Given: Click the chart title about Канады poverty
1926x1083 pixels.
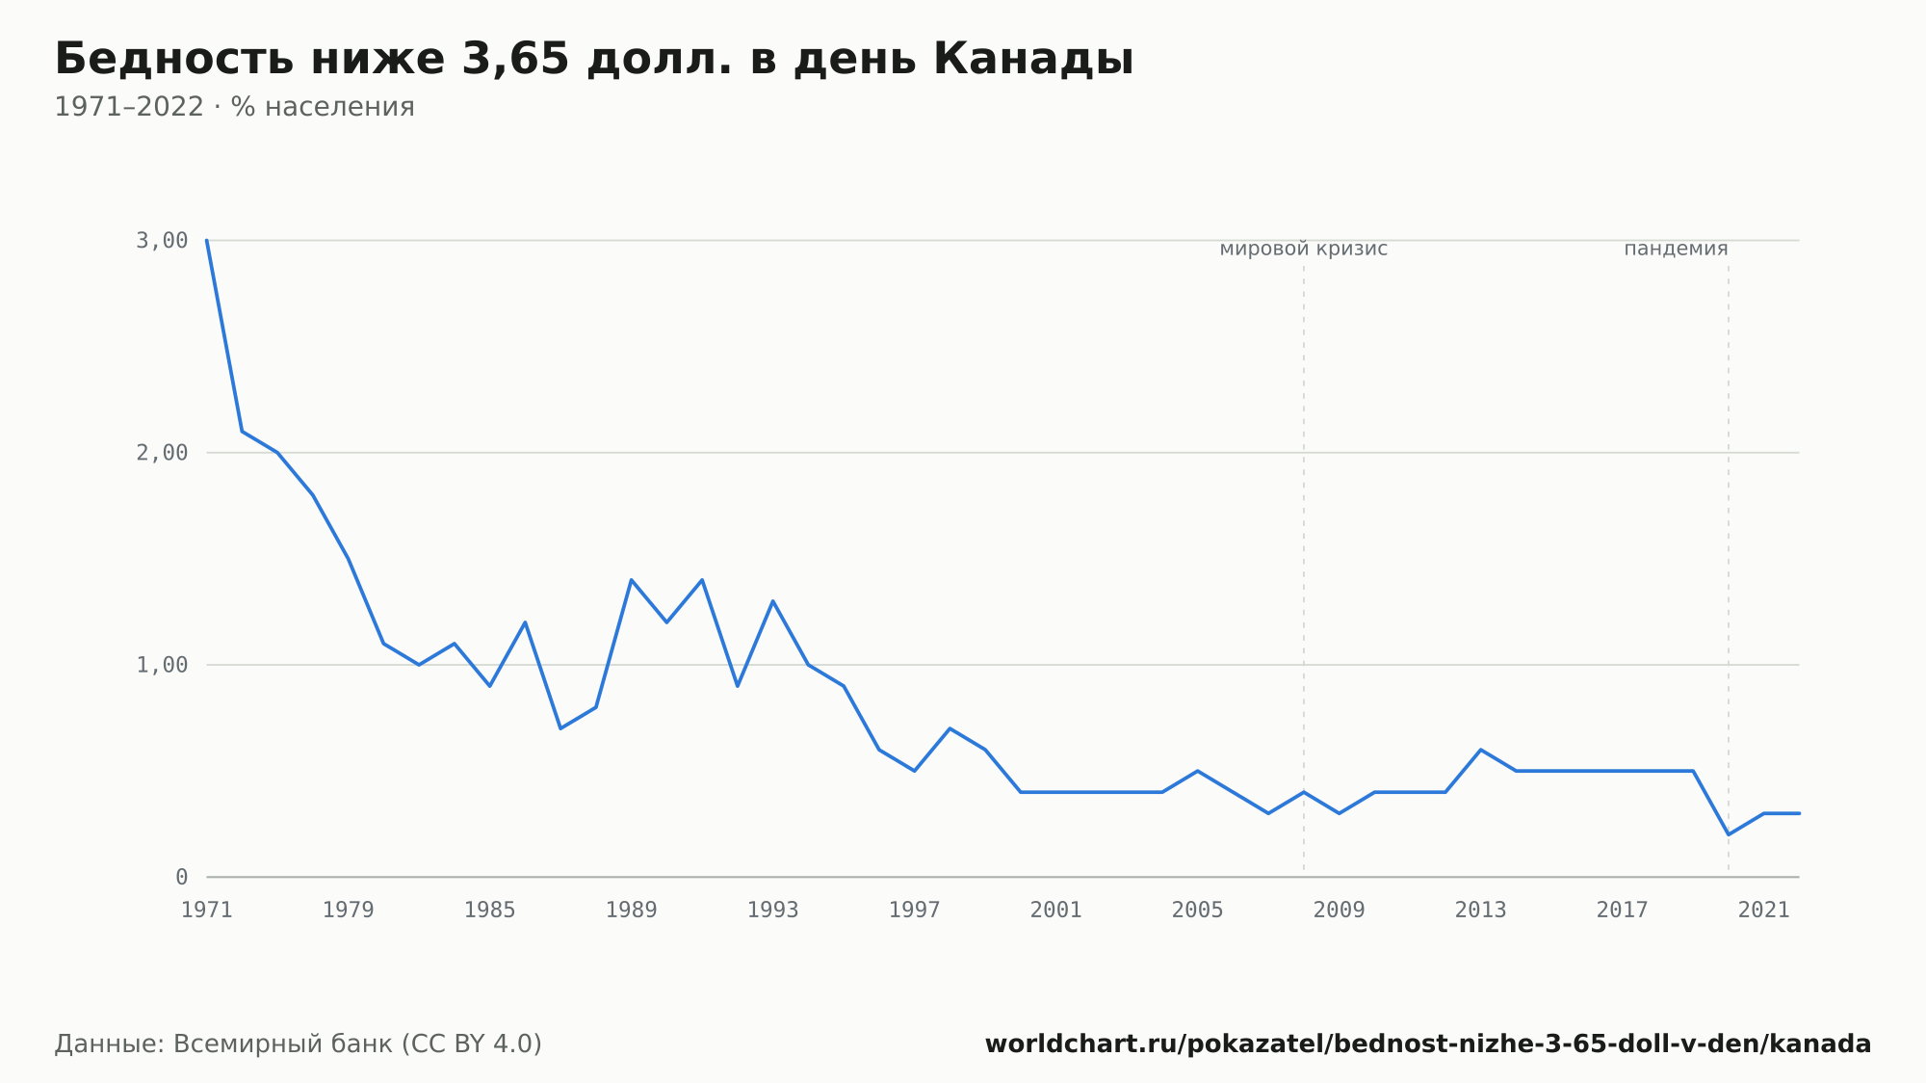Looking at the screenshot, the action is [x=594, y=60].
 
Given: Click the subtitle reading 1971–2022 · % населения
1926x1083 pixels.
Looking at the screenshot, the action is [x=234, y=107].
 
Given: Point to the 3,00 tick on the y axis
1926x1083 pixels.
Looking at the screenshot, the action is [x=162, y=241].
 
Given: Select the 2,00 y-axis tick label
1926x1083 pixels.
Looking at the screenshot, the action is [x=162, y=453].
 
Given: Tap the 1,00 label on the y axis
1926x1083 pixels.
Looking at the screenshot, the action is [x=162, y=665].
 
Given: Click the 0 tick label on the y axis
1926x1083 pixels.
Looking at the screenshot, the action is [x=181, y=877].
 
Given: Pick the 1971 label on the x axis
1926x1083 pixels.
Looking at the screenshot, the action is [x=207, y=911].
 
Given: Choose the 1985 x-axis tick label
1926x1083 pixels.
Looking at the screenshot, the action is [x=490, y=911].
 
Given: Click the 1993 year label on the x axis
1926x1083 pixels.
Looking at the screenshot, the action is [x=773, y=911].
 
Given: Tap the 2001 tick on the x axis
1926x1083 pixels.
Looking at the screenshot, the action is [x=1056, y=911].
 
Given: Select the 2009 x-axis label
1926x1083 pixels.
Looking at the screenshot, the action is [x=1340, y=911].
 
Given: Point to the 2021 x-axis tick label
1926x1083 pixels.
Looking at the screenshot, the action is [x=1764, y=911].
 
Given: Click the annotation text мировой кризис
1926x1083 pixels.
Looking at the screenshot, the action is [x=1304, y=250].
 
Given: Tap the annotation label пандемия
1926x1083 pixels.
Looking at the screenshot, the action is [x=1676, y=250].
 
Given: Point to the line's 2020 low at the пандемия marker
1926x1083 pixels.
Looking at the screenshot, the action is [x=1729, y=834].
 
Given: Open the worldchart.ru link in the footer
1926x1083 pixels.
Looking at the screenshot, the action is [x=1428, y=1044].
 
